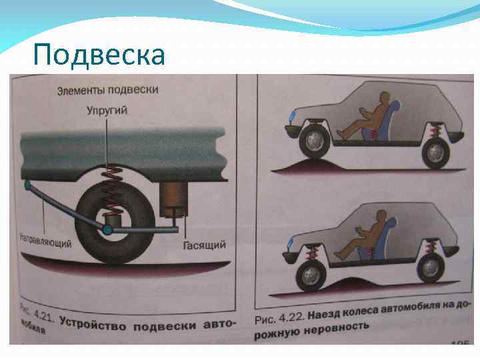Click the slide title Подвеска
[x=98, y=54]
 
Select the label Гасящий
[x=203, y=245]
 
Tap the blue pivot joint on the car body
[x=27, y=183]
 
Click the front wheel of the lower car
[x=310, y=273]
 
